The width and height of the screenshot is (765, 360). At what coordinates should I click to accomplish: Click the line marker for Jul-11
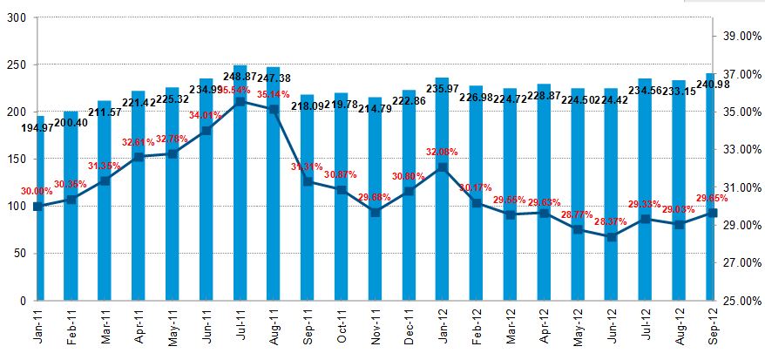click(240, 102)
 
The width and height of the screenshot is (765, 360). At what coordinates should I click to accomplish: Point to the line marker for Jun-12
click(612, 236)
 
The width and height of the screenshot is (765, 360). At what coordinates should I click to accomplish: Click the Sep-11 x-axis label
click(308, 329)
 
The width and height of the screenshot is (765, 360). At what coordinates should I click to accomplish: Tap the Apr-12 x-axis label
click(544, 329)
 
